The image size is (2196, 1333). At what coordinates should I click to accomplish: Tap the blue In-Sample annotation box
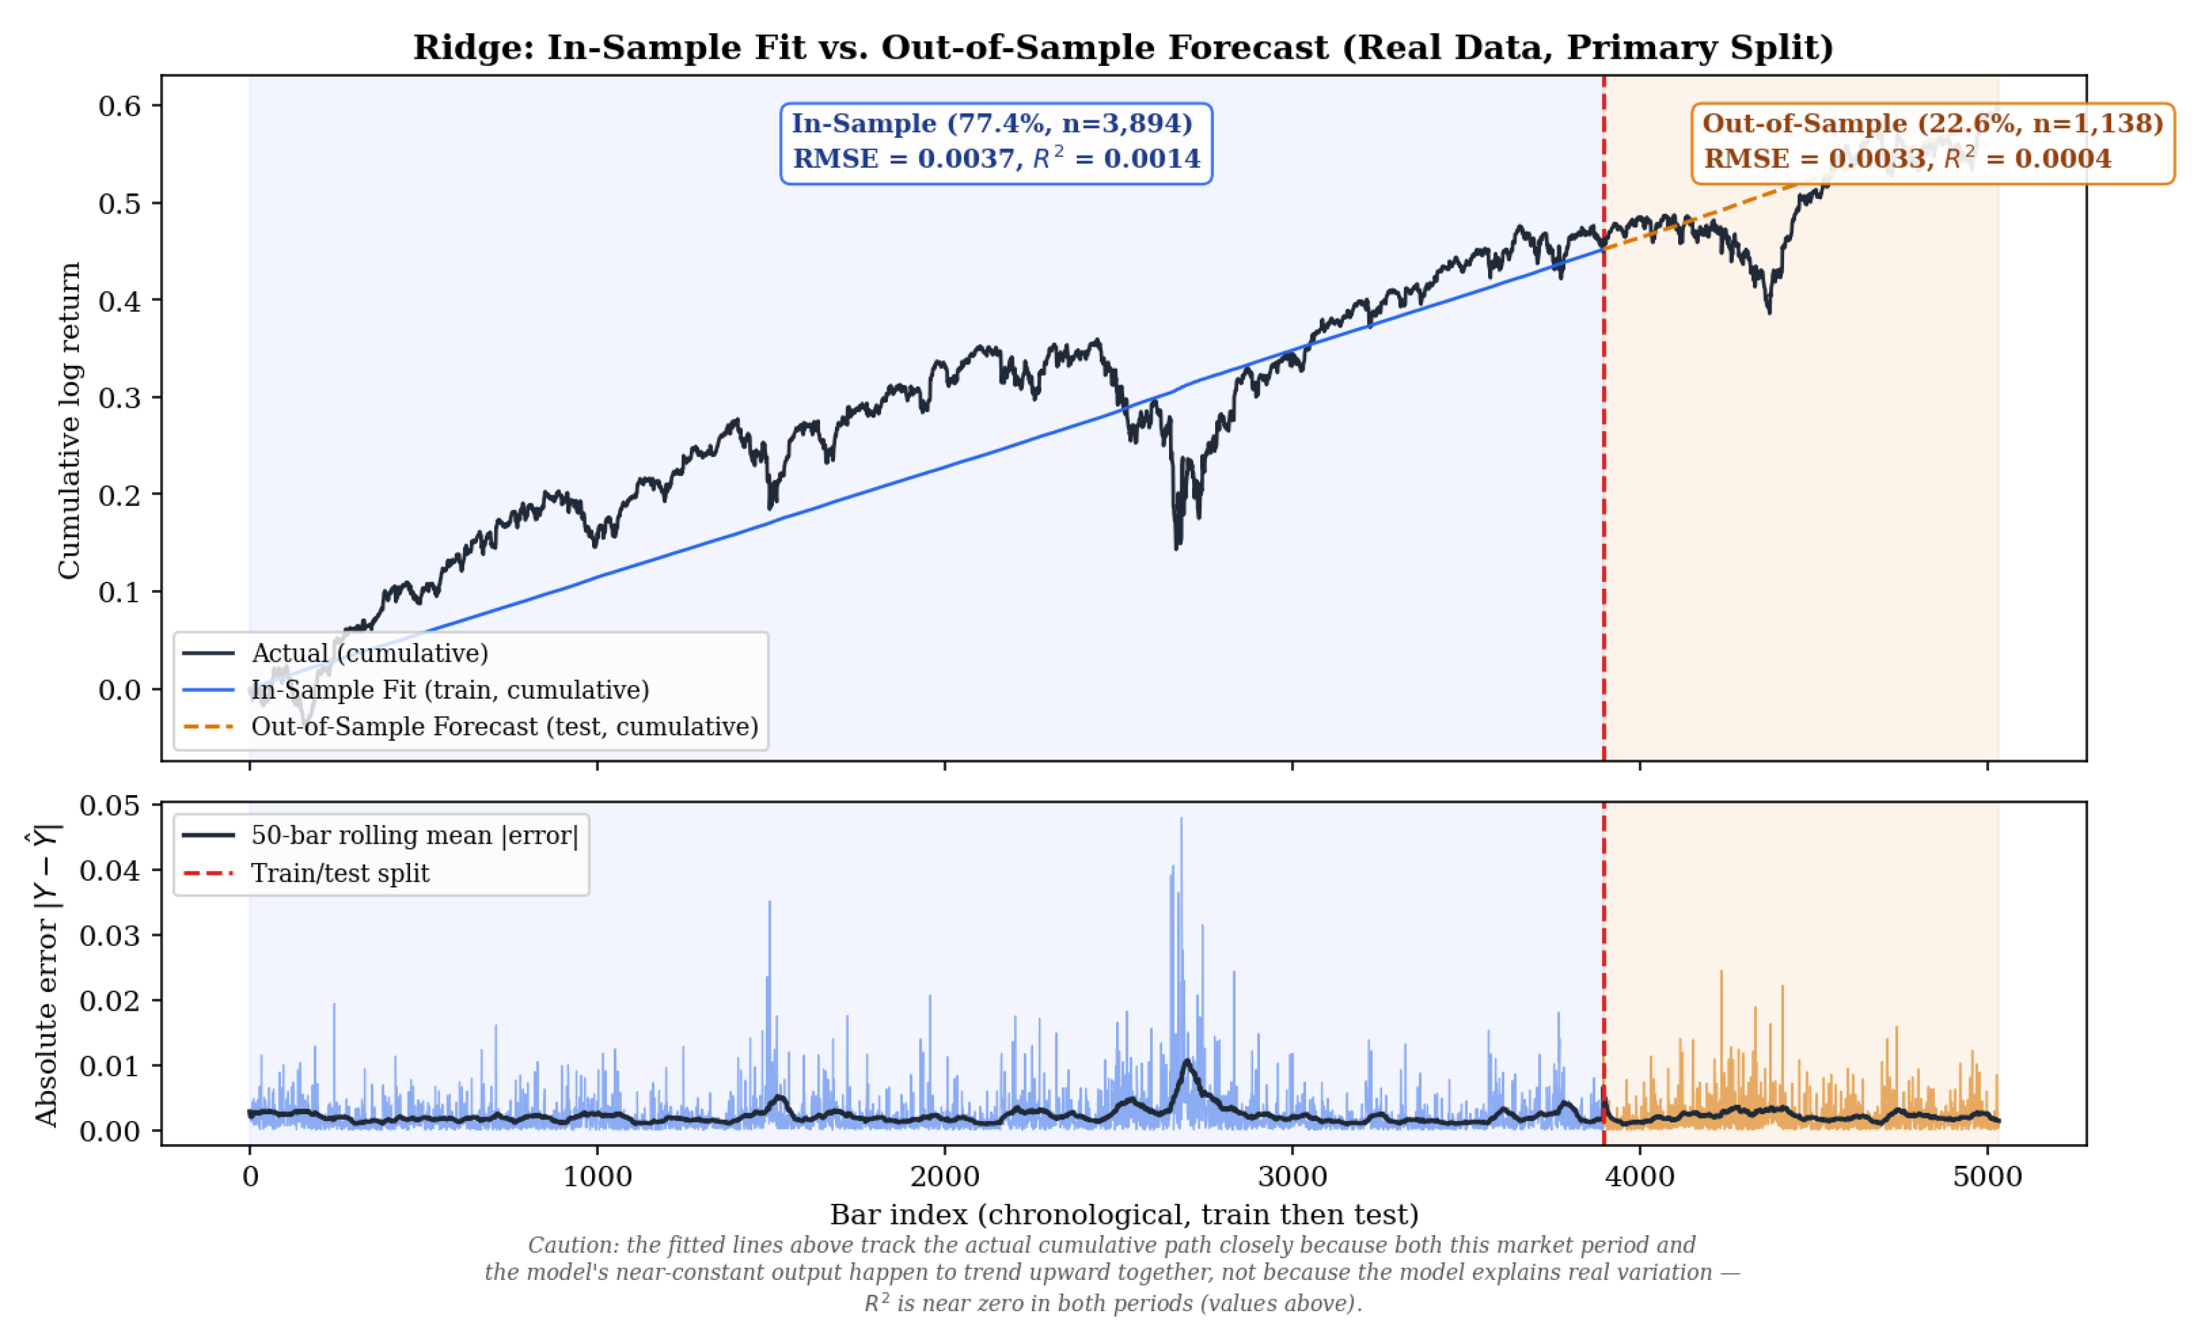(x=996, y=143)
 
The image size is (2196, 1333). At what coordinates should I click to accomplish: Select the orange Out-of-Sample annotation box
(x=1933, y=143)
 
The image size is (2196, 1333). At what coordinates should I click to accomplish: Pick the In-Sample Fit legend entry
(x=415, y=690)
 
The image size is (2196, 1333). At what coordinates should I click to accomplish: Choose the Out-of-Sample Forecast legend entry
(x=470, y=726)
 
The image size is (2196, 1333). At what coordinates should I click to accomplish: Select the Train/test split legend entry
(x=306, y=872)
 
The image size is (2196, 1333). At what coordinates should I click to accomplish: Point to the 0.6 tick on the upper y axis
(x=120, y=106)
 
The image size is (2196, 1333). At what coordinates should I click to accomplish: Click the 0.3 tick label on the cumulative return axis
(x=120, y=398)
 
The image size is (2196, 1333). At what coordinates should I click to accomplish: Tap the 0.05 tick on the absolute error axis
(x=110, y=806)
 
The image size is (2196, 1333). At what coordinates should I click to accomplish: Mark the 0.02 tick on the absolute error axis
(x=110, y=1001)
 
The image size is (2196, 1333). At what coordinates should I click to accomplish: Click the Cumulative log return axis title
(x=69, y=421)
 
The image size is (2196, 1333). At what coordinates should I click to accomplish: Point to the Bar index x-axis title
(x=1124, y=1215)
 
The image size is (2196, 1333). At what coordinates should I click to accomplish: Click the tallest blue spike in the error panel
(x=1182, y=818)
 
